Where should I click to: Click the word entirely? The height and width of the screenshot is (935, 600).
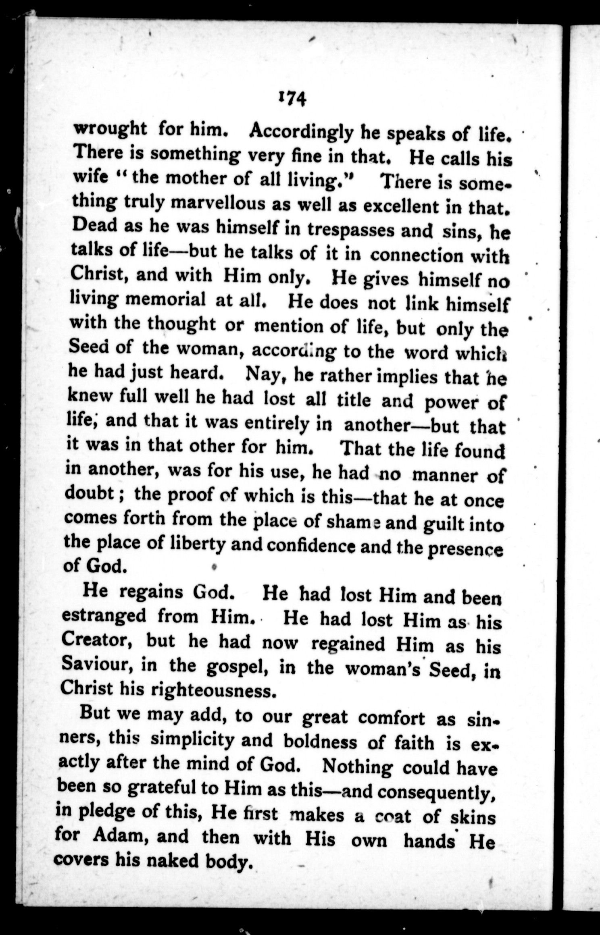[278, 423]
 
